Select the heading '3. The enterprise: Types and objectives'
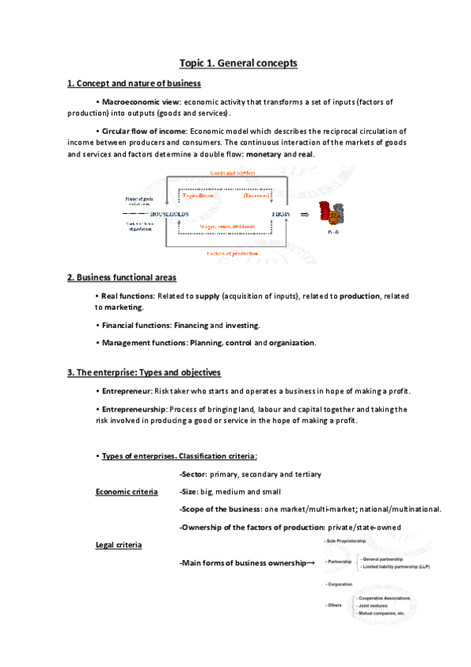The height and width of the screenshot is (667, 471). tap(143, 372)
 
